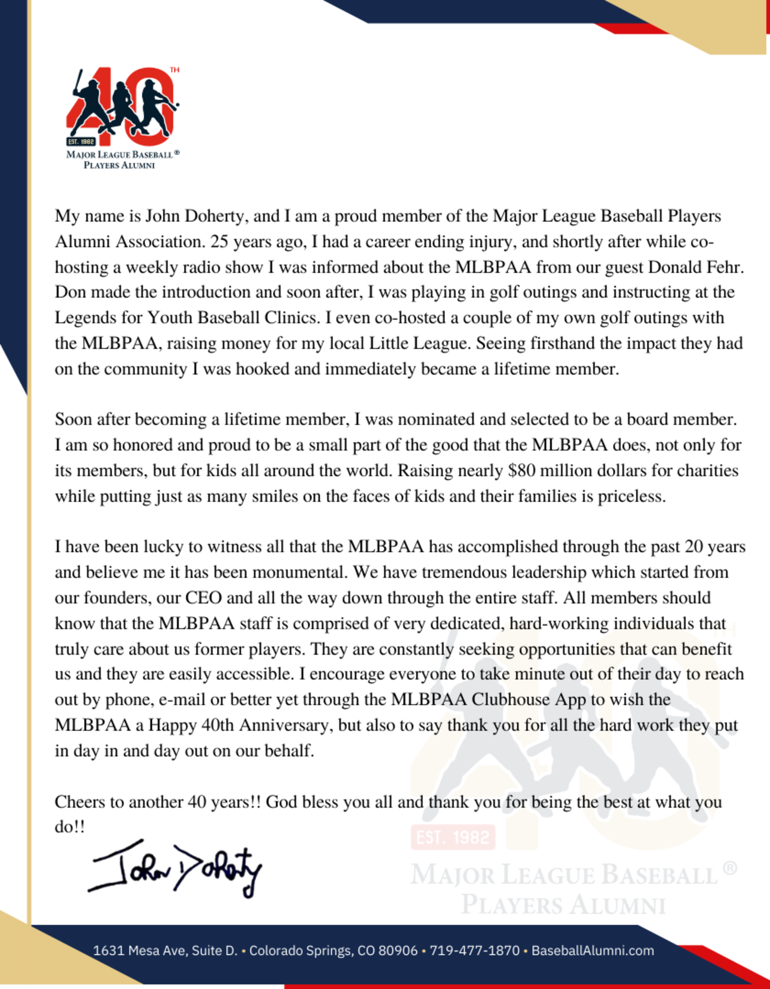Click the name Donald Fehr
[x=696, y=267]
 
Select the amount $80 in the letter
[x=521, y=471]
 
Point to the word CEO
[x=204, y=598]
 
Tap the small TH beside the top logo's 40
[x=174, y=70]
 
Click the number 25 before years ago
[x=219, y=242]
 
